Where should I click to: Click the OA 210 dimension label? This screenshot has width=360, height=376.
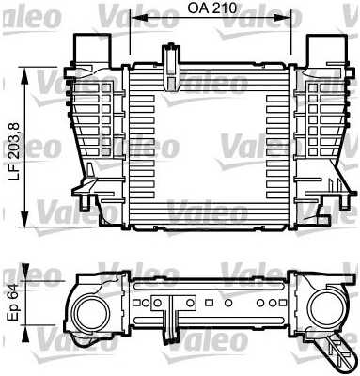click(212, 8)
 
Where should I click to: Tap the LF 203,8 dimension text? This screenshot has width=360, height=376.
click(14, 151)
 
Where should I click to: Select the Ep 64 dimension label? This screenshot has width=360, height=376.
click(14, 303)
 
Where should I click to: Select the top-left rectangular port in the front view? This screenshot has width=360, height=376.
click(92, 48)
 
